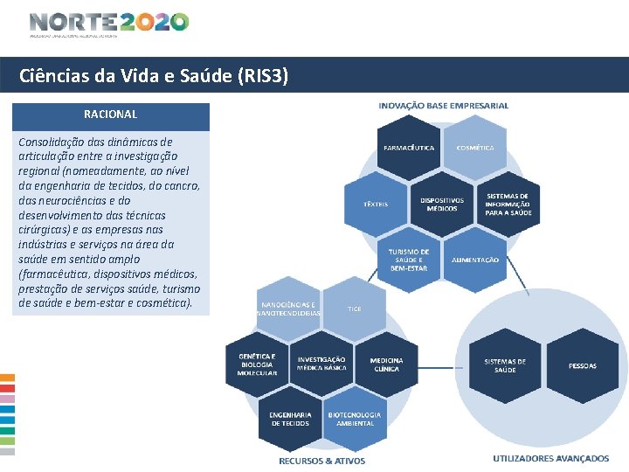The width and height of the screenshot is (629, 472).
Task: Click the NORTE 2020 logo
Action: [x=108, y=24]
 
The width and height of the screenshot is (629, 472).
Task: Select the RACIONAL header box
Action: [x=110, y=115]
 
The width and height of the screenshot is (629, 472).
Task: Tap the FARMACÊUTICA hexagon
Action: [x=409, y=149]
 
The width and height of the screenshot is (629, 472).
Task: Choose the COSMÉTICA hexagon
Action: [x=475, y=149]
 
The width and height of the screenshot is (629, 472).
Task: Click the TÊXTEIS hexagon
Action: [x=376, y=204]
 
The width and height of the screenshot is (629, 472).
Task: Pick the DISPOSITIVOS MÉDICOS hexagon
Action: [x=442, y=203]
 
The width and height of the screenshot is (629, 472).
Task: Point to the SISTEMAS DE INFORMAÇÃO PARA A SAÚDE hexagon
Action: [x=508, y=205]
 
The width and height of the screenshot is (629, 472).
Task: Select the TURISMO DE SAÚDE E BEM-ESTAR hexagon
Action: [x=409, y=259]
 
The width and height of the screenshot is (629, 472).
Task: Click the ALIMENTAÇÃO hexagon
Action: [x=475, y=260]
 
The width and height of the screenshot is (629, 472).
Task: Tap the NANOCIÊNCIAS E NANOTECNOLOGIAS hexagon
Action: [x=289, y=309]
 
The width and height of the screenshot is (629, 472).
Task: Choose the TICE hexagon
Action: [x=355, y=309]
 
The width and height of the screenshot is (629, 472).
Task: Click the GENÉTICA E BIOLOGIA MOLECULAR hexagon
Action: [x=257, y=364]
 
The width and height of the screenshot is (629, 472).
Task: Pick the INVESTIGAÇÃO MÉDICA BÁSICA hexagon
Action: [x=321, y=364]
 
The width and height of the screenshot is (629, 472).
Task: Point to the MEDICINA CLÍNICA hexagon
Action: [x=386, y=364]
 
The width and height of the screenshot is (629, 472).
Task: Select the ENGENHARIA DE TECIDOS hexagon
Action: [x=290, y=419]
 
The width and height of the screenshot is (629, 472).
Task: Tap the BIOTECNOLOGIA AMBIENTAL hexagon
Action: [x=354, y=419]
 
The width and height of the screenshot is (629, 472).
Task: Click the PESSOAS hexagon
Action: [x=583, y=365]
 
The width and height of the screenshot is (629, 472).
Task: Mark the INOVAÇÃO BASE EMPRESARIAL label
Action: [x=443, y=106]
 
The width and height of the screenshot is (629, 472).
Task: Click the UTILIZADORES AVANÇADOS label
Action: [x=550, y=458]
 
